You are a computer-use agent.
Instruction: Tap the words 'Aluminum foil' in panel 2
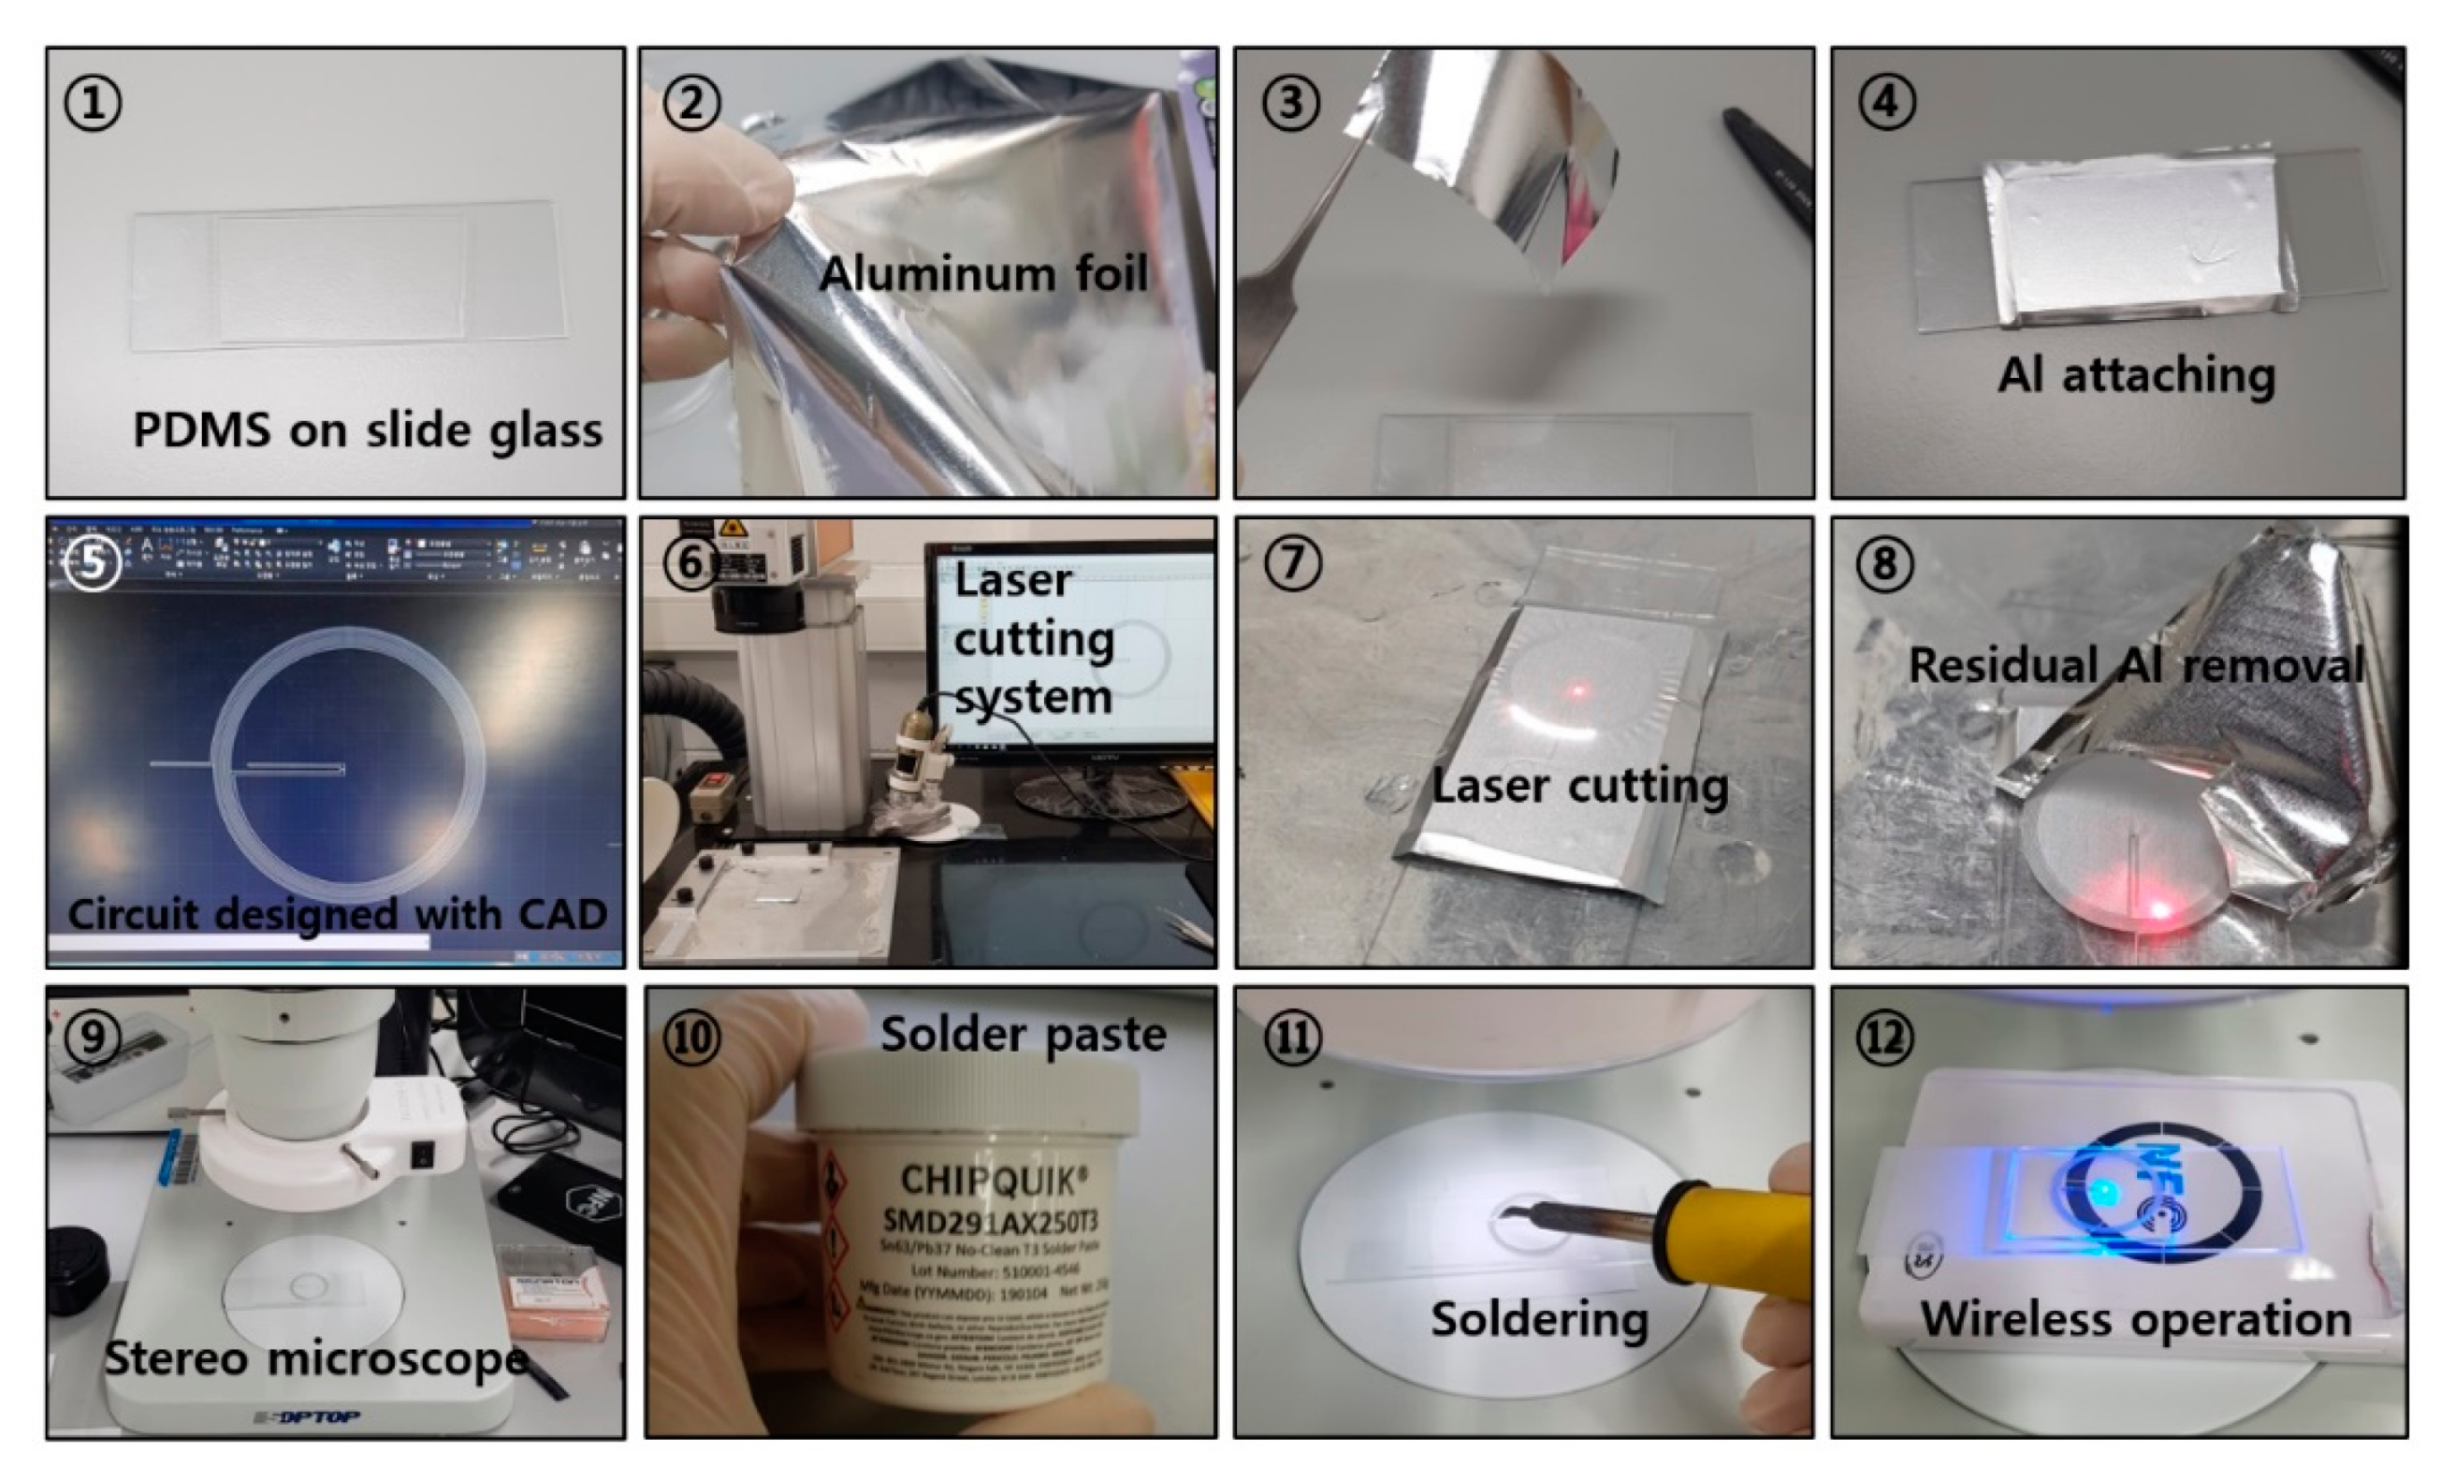pos(982,273)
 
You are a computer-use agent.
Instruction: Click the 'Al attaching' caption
pos(2136,374)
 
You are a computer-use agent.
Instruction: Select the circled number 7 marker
pos(1292,564)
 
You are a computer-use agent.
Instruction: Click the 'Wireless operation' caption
pos(2135,1319)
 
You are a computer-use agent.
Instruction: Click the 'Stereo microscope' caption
pos(315,1357)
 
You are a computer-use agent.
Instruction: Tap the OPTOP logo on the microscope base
pos(307,1417)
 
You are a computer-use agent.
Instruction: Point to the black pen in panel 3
pos(1768,164)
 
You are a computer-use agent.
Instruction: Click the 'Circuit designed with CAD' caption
pos(337,913)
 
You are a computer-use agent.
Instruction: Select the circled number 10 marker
pos(690,1037)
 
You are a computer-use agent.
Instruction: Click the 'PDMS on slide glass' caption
pos(367,430)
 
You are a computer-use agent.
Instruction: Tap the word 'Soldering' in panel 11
pos(1538,1319)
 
